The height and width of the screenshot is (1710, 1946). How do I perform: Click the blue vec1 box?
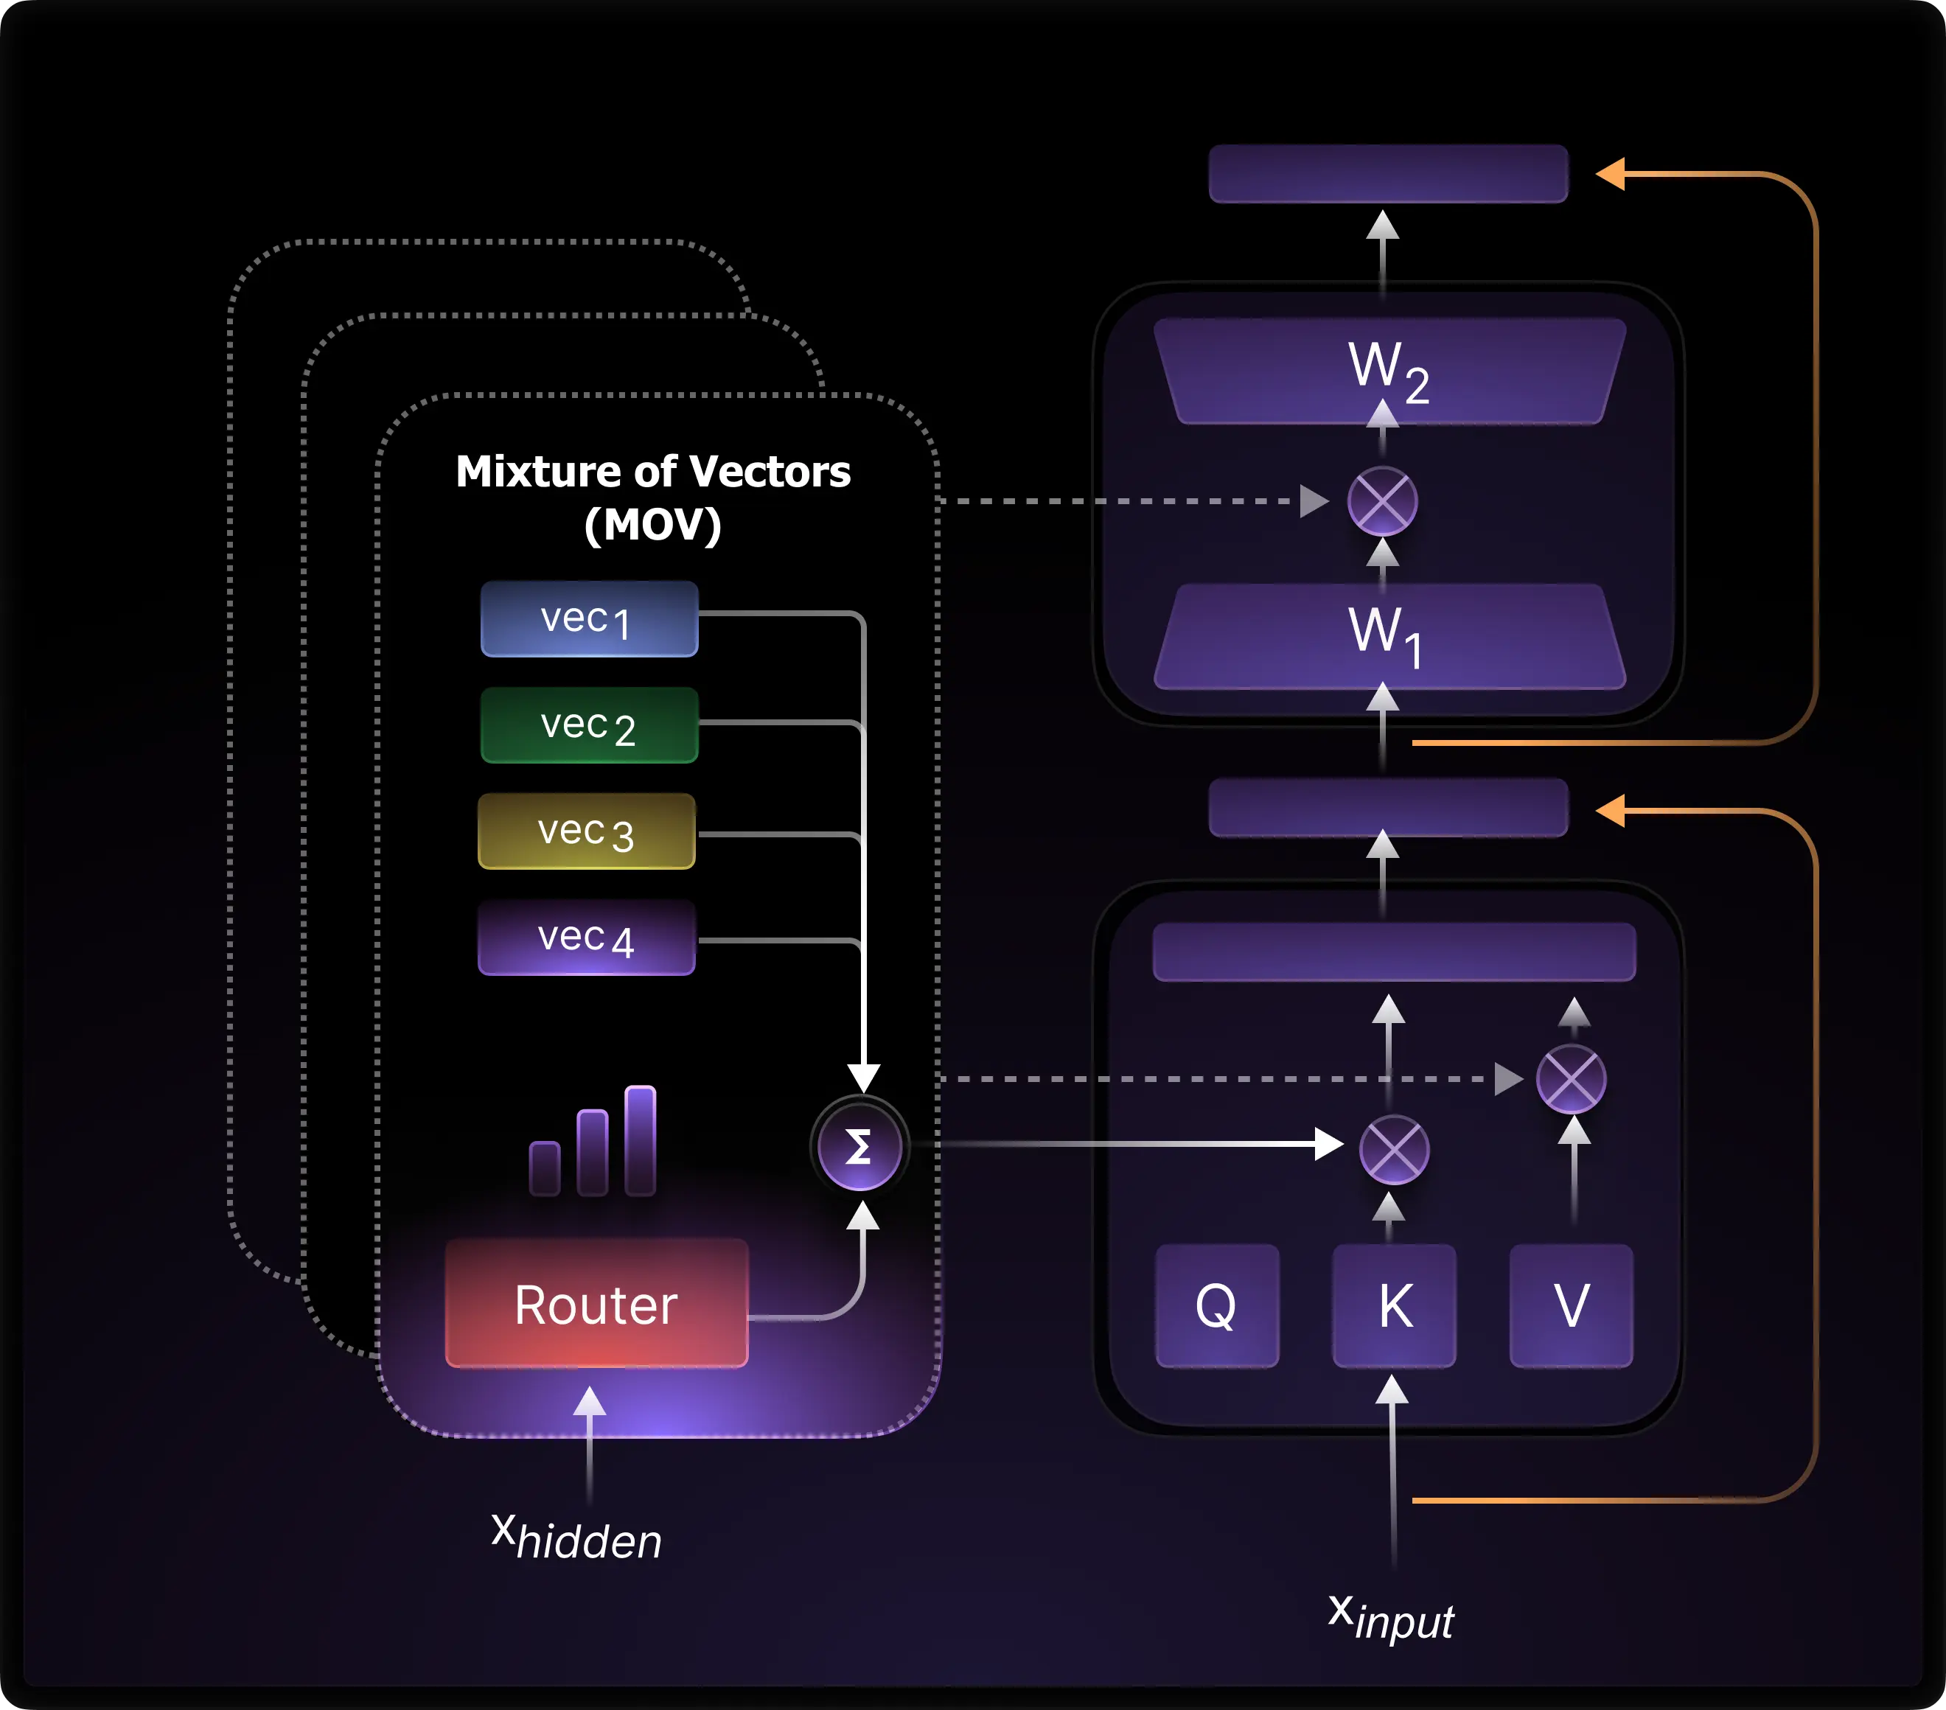coord(589,619)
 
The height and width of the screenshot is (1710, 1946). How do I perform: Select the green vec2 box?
coord(589,725)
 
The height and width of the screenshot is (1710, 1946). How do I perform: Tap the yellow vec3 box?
coord(587,831)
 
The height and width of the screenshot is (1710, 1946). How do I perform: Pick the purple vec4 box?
coord(587,938)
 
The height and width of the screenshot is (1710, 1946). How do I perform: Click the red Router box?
coord(597,1303)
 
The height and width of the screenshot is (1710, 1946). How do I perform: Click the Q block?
coord(1217,1305)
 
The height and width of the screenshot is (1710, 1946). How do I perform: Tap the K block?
coord(1395,1305)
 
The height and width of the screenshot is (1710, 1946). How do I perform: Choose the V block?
coord(1572,1305)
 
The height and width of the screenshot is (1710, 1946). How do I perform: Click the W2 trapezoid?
coord(1389,369)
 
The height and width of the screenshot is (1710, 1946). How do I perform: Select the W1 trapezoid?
coord(1389,635)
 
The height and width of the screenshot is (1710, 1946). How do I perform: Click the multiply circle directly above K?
coord(1394,1150)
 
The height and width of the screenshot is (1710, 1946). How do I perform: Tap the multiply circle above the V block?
coord(1572,1080)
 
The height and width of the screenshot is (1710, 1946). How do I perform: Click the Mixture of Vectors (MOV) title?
coord(653,497)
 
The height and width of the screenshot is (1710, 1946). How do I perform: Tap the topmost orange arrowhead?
coord(1610,174)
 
